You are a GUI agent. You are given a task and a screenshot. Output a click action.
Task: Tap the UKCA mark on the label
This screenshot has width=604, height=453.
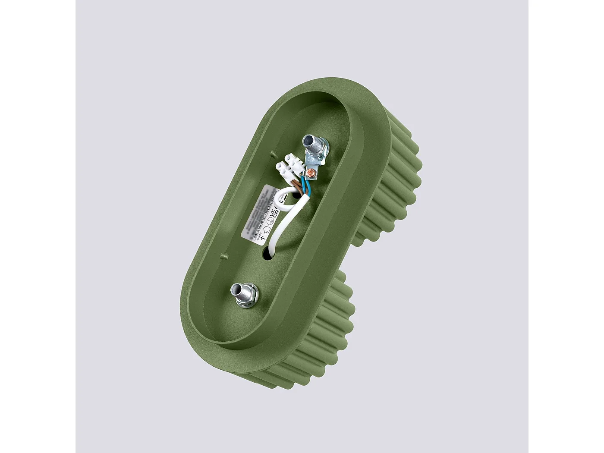(274, 214)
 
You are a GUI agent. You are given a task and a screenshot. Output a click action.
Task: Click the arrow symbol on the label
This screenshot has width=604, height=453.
(264, 237)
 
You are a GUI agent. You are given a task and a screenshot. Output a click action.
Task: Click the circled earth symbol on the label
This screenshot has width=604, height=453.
(270, 221)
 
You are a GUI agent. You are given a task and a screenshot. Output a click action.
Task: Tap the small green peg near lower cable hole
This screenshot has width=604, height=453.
(223, 256)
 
